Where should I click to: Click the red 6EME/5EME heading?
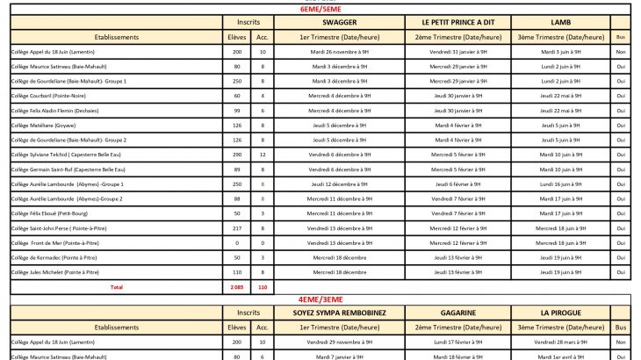320,10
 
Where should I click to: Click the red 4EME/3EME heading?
320,299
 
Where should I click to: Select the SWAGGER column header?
340,22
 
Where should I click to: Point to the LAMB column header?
561,22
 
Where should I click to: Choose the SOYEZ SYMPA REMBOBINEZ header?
340,312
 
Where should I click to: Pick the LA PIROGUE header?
561,312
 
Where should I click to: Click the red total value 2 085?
236,287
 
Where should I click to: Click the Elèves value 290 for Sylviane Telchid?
236,155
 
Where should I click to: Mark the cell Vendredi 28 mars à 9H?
561,341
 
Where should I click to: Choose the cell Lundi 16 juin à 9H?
561,184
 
